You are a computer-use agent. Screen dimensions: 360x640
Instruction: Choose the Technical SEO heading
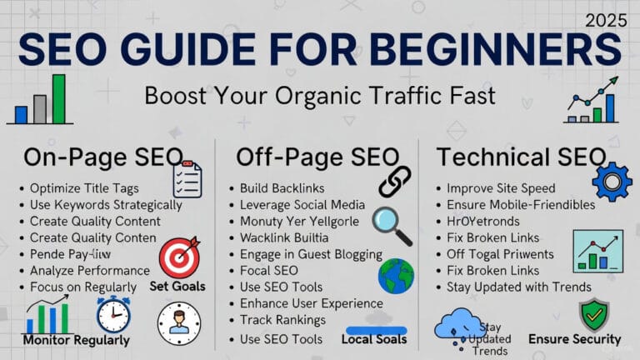(x=521, y=157)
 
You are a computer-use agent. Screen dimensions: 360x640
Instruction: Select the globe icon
(x=396, y=277)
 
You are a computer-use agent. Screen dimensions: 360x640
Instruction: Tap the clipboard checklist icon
(x=187, y=180)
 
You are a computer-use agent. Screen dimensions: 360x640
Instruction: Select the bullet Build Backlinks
(x=282, y=188)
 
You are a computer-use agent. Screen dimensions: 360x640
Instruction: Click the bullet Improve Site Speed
(x=500, y=188)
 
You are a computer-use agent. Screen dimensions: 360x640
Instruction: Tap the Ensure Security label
(x=575, y=339)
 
